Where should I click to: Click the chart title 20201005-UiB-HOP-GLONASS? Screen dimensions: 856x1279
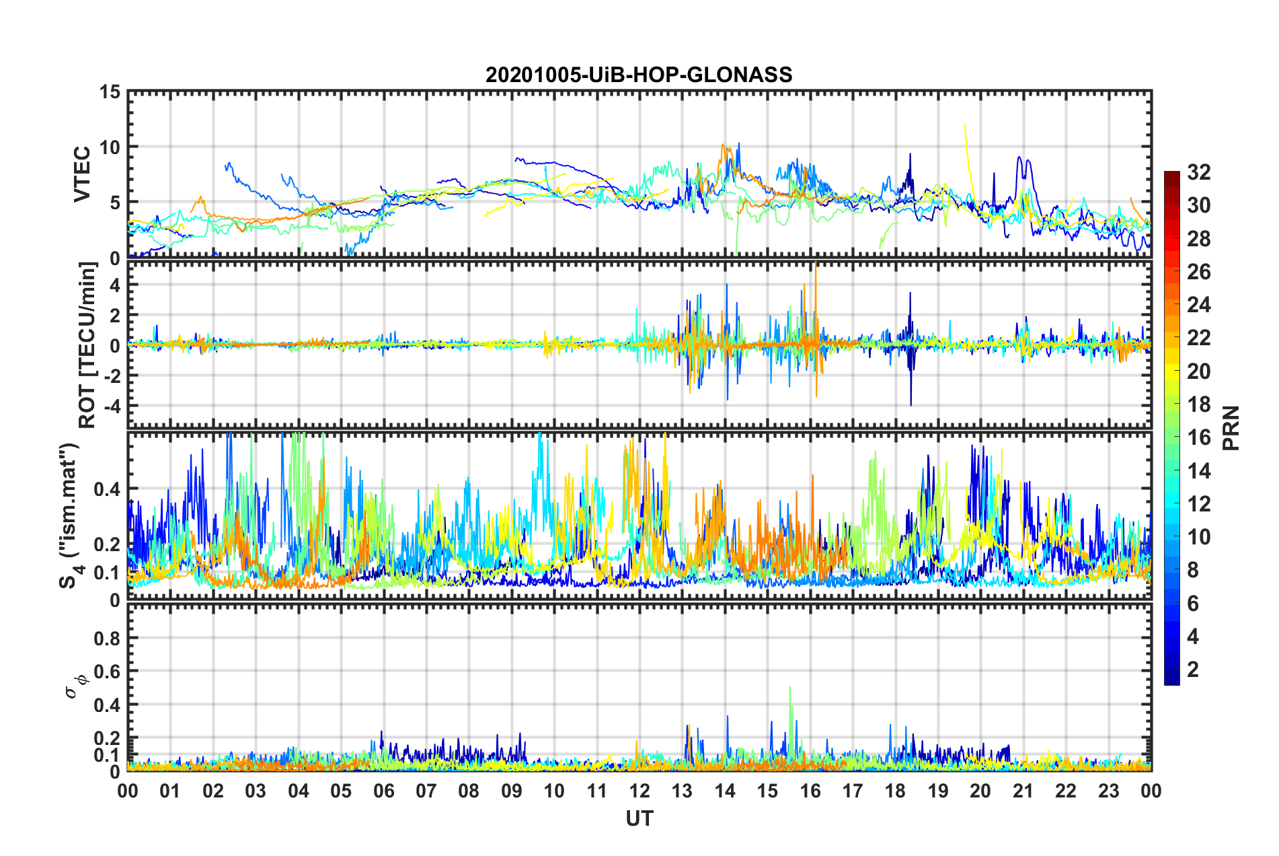click(639, 74)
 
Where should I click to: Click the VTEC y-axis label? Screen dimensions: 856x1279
click(82, 174)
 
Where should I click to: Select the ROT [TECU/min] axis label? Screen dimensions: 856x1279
click(87, 345)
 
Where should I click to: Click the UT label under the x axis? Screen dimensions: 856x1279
click(639, 818)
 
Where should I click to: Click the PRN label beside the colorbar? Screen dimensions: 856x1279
click(1231, 428)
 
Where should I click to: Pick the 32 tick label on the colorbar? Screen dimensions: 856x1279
click(1198, 172)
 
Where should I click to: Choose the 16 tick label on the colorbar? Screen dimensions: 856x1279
click(1198, 437)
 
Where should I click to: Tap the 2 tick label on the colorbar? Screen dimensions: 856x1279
click(1194, 670)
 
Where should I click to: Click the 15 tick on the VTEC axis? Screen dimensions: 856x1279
click(110, 92)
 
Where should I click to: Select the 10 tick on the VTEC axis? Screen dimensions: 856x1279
click(110, 147)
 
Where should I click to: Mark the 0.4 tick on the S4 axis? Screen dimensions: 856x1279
click(106, 489)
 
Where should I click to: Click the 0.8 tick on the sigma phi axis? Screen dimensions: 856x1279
click(106, 638)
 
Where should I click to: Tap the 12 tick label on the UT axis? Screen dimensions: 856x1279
click(639, 791)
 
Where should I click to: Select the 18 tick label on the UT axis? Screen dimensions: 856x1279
click(895, 791)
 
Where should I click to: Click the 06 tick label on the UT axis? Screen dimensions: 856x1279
click(383, 791)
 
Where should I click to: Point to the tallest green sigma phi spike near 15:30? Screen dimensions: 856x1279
click(790, 688)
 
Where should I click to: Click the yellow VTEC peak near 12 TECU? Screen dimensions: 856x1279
click(965, 124)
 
